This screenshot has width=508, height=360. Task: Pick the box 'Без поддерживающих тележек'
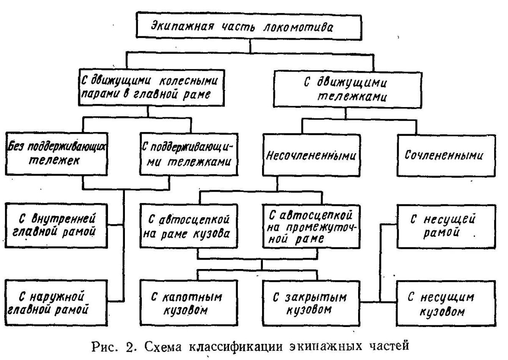tap(56, 154)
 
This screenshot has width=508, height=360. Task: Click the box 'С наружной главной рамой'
tap(54, 302)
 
